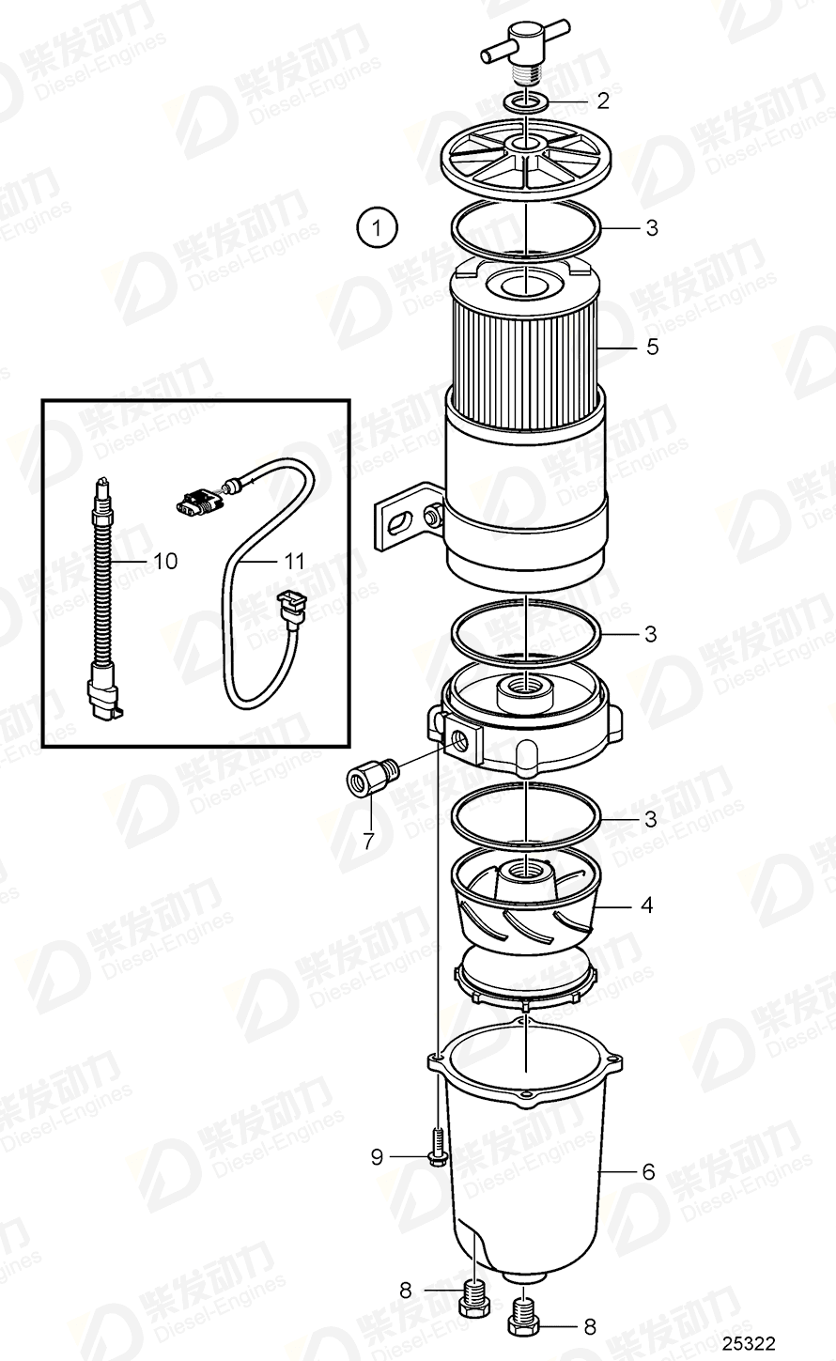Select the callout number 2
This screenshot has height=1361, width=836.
pos(603,100)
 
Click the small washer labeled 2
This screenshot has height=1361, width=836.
pos(526,101)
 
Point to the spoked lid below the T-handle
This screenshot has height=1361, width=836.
pos(526,160)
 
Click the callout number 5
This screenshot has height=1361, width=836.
pos(652,348)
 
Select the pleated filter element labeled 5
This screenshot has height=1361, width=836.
pos(526,348)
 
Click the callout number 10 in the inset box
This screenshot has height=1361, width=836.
pos(164,562)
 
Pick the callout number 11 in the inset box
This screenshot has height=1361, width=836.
pos(295,562)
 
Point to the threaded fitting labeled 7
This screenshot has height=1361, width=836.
pos(371,779)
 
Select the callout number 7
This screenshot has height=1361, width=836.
pos(368,840)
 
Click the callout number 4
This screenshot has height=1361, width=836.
pos(646,906)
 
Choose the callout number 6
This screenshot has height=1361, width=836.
pos(647,1172)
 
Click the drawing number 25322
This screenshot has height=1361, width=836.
pos(748,1344)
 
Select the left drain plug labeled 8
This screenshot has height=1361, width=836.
pos(474,1302)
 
